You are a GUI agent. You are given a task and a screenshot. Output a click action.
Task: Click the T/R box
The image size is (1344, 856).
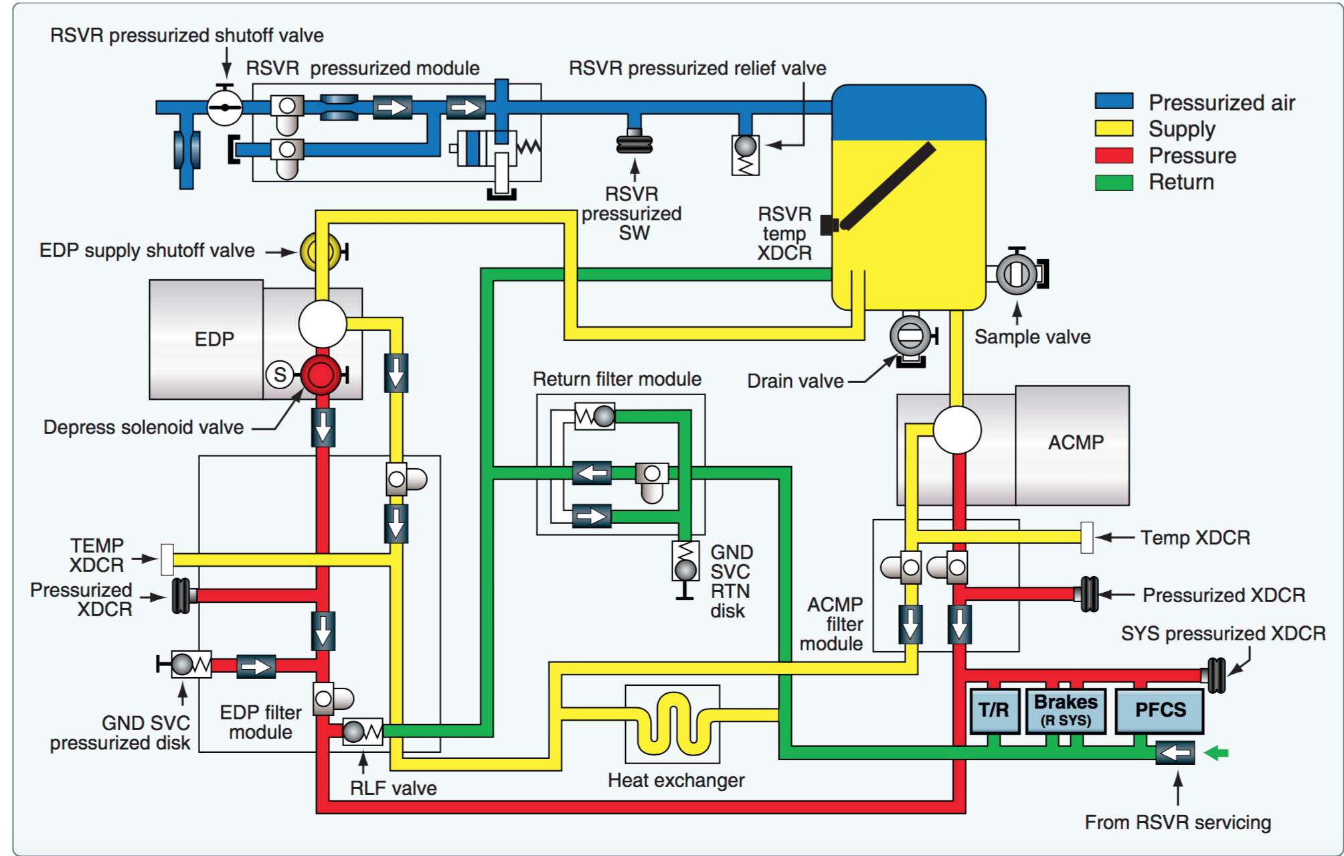[994, 710]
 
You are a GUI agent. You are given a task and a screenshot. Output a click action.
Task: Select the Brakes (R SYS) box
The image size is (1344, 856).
[1066, 710]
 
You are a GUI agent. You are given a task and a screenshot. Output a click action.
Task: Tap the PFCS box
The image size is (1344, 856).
[1160, 710]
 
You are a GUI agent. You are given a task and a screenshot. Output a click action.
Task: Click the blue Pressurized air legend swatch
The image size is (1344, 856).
[1114, 102]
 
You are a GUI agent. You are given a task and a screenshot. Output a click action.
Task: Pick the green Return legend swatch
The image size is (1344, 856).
[1114, 182]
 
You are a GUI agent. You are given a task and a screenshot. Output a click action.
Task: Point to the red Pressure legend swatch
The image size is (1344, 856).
[1114, 155]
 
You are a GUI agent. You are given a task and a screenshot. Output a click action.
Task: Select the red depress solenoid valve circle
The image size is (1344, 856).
[321, 375]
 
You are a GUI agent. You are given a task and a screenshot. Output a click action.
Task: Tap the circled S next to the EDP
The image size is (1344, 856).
[280, 375]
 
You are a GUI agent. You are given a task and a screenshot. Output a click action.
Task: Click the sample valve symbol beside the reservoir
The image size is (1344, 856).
[1017, 274]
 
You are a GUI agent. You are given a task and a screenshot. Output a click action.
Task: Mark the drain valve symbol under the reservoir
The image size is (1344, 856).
[910, 336]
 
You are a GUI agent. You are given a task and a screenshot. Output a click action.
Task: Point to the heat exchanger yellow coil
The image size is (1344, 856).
[673, 723]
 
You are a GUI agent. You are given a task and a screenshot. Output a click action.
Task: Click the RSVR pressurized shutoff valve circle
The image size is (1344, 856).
[224, 107]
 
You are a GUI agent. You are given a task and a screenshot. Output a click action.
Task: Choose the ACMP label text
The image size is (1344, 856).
[1076, 443]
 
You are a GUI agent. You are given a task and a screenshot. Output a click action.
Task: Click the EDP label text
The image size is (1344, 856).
[214, 339]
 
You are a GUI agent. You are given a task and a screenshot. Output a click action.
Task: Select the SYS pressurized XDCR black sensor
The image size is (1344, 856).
[1216, 675]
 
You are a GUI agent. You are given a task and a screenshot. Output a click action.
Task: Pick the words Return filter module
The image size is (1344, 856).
[616, 379]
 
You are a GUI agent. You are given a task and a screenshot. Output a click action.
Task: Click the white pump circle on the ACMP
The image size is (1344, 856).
[957, 430]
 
